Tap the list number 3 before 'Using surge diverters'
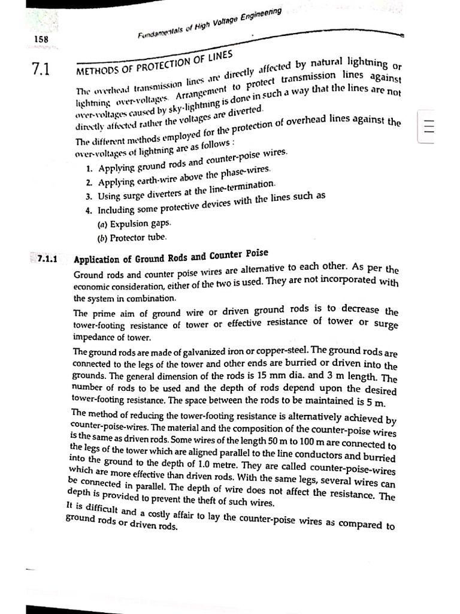point(88,196)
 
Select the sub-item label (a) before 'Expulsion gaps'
point(101,224)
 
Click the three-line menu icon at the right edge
point(428,128)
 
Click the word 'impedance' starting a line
point(93,337)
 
